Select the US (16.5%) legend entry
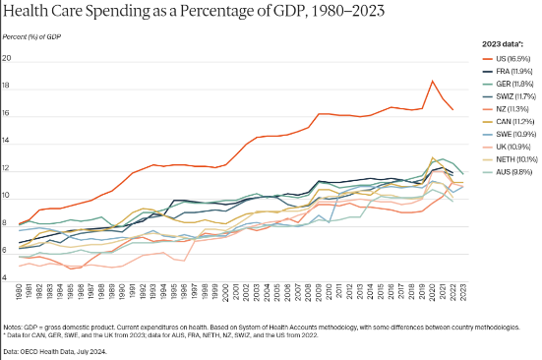tap(507, 59)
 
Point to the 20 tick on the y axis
tap(7, 59)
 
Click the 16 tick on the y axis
tap(7, 114)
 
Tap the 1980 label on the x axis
tap(20, 292)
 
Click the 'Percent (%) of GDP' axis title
tap(30, 36)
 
